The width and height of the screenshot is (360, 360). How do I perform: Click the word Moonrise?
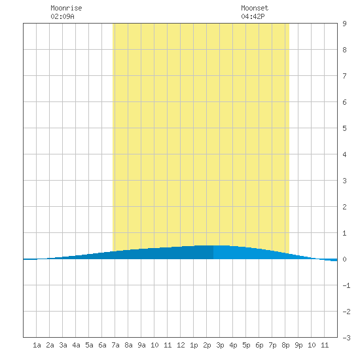point(66,8)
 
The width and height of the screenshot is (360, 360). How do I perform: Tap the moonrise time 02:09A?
point(62,16)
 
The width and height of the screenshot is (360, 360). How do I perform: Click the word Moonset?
point(255,8)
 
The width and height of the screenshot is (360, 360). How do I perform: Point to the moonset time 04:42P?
point(253,16)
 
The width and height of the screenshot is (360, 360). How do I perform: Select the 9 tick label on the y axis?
point(344,24)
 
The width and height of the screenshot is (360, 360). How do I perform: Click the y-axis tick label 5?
point(344,128)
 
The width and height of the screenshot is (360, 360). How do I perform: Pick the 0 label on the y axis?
point(344,259)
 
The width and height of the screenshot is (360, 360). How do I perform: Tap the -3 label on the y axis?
point(346,338)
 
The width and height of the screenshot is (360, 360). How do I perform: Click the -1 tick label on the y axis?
point(346,285)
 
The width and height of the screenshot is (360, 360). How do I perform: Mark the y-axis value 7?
point(344,76)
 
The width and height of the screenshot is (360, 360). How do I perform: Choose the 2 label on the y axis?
point(344,207)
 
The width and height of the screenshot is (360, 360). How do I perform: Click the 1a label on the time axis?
point(37,345)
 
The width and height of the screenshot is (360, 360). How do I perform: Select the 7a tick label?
point(115,345)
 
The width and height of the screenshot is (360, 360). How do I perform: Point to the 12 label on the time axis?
point(181,345)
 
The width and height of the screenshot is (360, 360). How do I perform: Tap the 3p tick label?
point(220,345)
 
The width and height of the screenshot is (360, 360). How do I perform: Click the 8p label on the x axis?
point(285,345)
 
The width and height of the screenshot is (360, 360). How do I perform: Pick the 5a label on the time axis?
point(89,345)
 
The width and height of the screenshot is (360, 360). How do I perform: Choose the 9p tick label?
point(298,345)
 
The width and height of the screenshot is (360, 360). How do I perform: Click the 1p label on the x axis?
point(194,345)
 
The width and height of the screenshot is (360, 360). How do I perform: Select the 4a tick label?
point(76,345)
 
